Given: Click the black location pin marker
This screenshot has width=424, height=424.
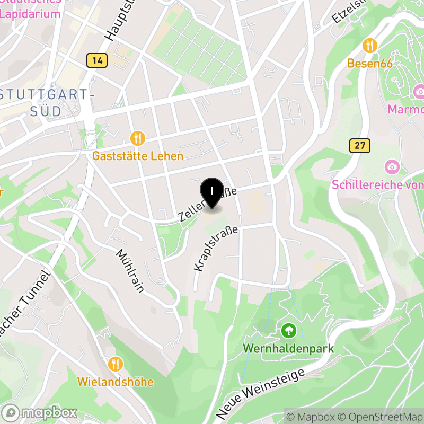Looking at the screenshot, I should point(211,192).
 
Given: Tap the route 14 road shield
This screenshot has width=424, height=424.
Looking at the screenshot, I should point(97,60).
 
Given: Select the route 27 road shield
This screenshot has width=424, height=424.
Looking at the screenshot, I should point(360,145).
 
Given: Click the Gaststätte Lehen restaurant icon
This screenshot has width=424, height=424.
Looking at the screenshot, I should point(138,138).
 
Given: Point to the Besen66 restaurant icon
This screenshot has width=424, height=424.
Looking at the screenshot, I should point(370,46).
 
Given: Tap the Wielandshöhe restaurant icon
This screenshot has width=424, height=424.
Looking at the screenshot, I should point(116,364).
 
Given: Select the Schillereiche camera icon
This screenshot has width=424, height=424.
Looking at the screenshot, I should point(392,167).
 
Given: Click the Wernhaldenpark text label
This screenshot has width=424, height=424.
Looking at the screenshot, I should point(288,349).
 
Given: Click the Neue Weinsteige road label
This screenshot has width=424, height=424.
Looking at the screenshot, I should point(261,391).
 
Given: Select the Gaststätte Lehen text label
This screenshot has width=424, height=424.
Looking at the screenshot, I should point(138,156).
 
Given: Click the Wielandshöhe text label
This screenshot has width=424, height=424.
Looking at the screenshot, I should point(116,382).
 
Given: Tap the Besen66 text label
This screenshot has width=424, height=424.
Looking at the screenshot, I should point(370,64).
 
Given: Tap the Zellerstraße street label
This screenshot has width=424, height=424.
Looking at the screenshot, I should point(207,204).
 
